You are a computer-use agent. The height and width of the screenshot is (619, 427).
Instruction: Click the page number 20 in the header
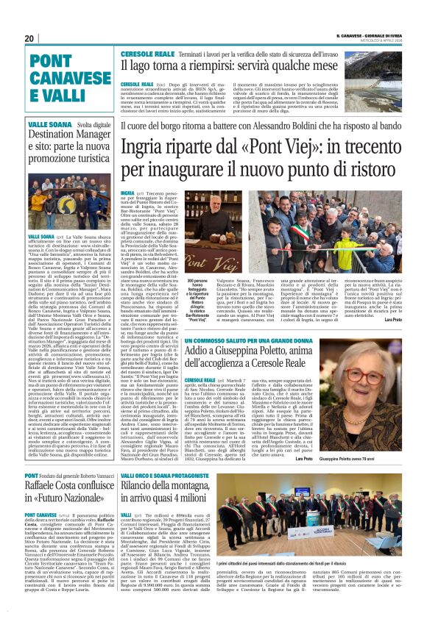[29, 38]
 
